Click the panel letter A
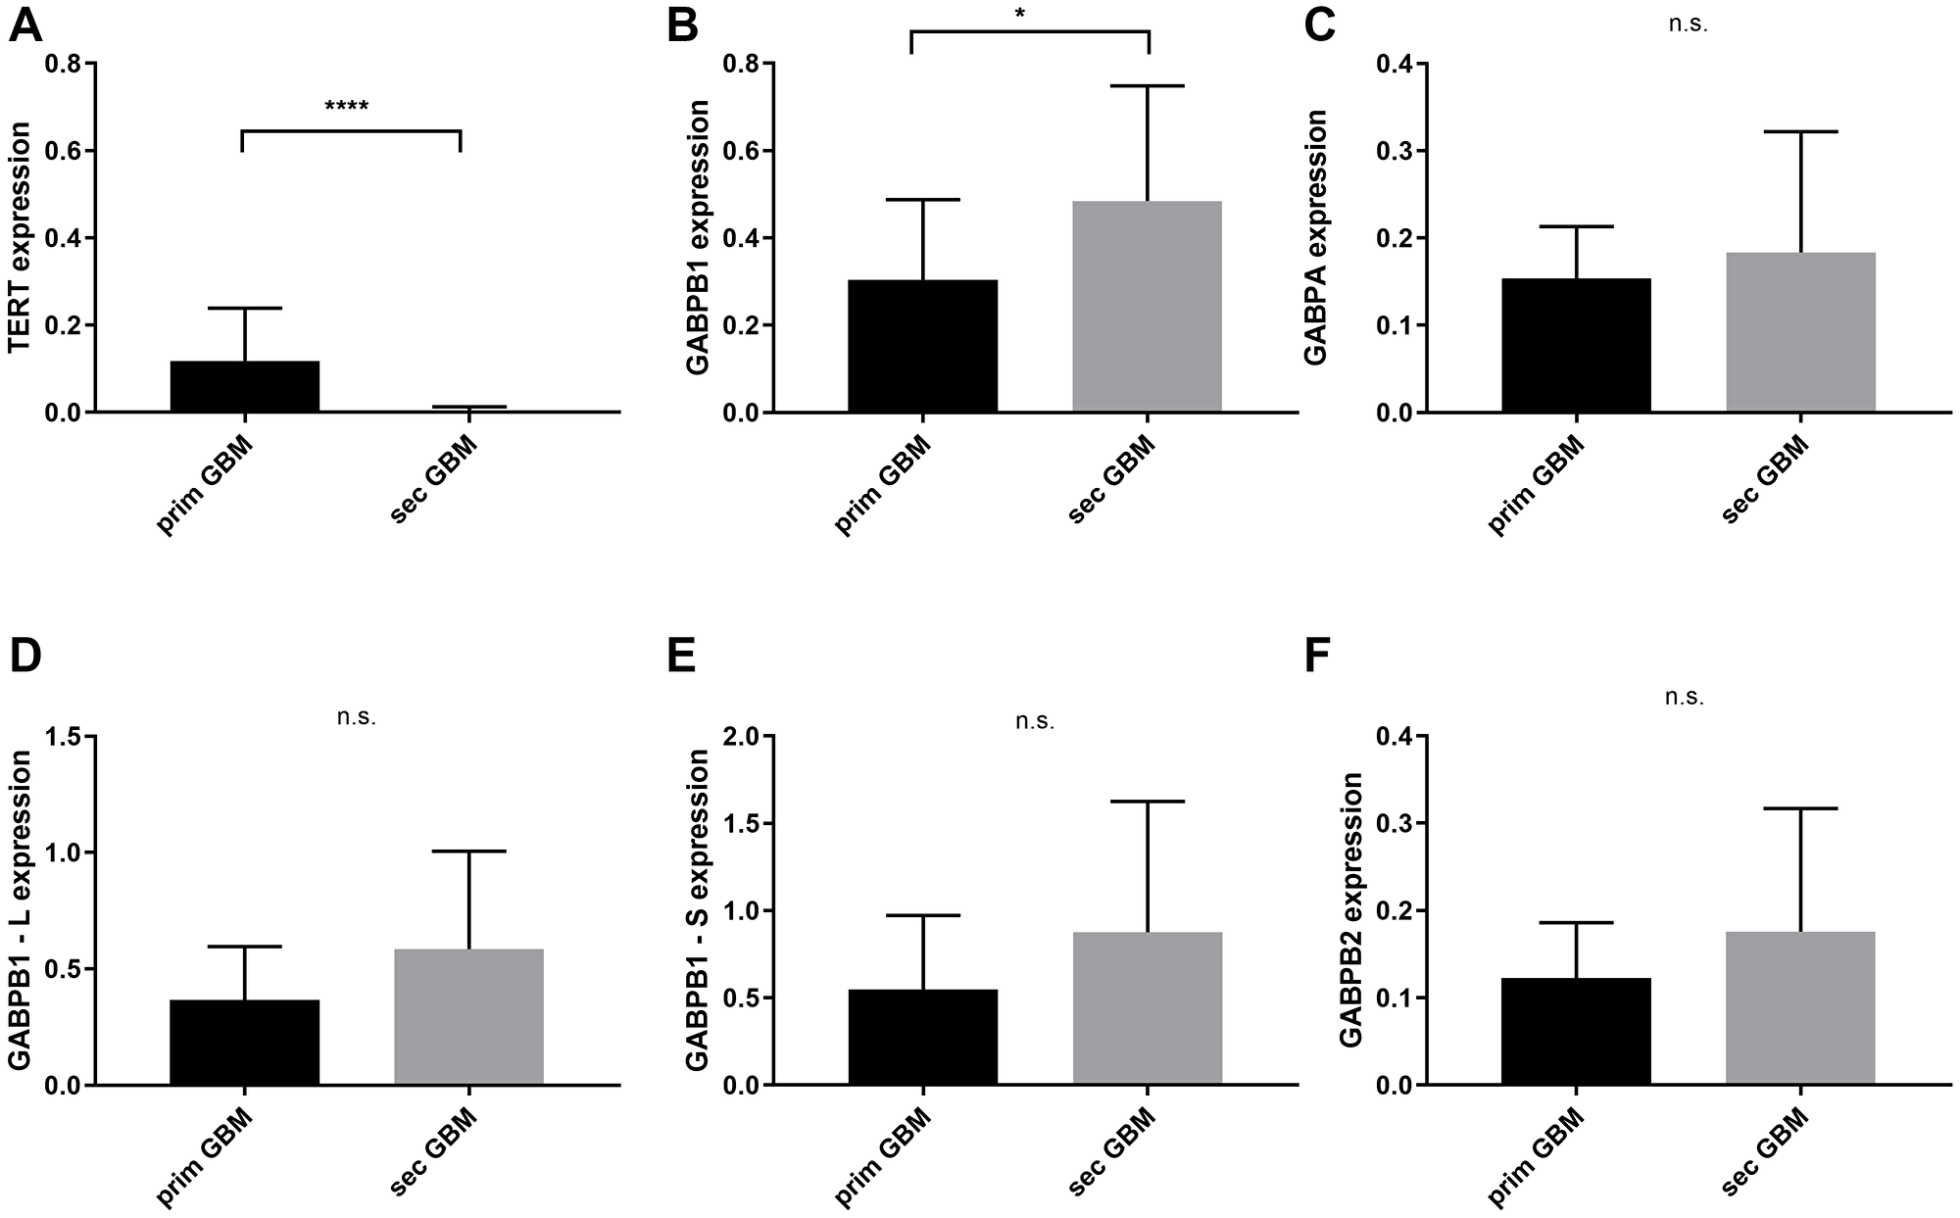point(25,24)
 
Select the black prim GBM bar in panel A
point(244,387)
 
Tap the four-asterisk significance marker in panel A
point(346,105)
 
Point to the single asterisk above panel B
point(1019,14)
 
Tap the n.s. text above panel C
point(1688,24)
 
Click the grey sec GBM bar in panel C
point(1800,332)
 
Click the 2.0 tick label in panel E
point(741,736)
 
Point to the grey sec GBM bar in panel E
point(1147,1008)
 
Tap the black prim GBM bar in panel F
point(1576,1031)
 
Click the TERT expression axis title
point(20,237)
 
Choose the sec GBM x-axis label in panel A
point(433,480)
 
